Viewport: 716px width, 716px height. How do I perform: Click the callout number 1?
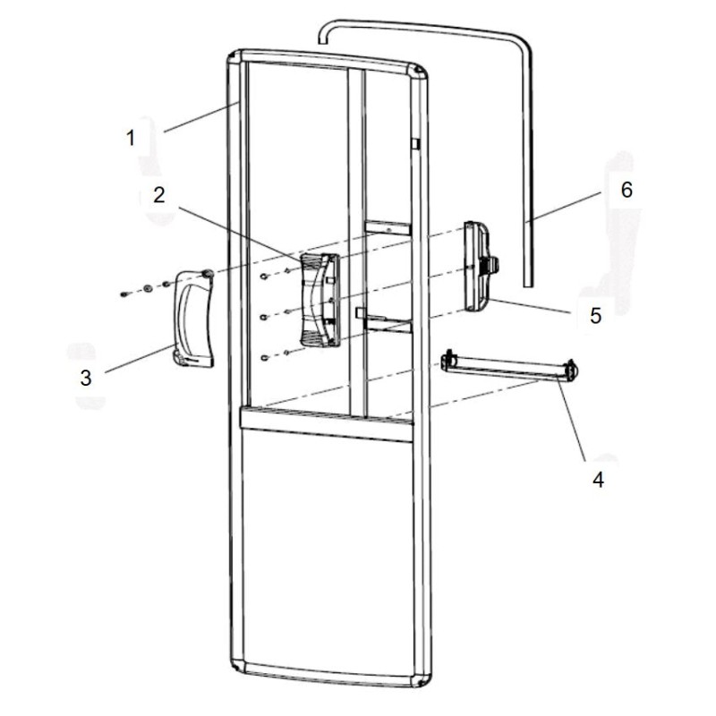click(131, 138)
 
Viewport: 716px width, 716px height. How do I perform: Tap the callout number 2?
click(158, 196)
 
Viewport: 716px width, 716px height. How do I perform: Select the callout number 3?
click(86, 378)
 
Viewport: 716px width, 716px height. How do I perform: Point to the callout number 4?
click(598, 479)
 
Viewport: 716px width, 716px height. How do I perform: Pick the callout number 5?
click(594, 316)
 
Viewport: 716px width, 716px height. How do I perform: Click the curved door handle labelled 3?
click(192, 318)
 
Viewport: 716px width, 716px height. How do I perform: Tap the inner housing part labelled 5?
click(481, 265)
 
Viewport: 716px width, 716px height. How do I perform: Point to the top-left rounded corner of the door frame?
click(235, 60)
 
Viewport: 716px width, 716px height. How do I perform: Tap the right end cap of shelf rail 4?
click(570, 368)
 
